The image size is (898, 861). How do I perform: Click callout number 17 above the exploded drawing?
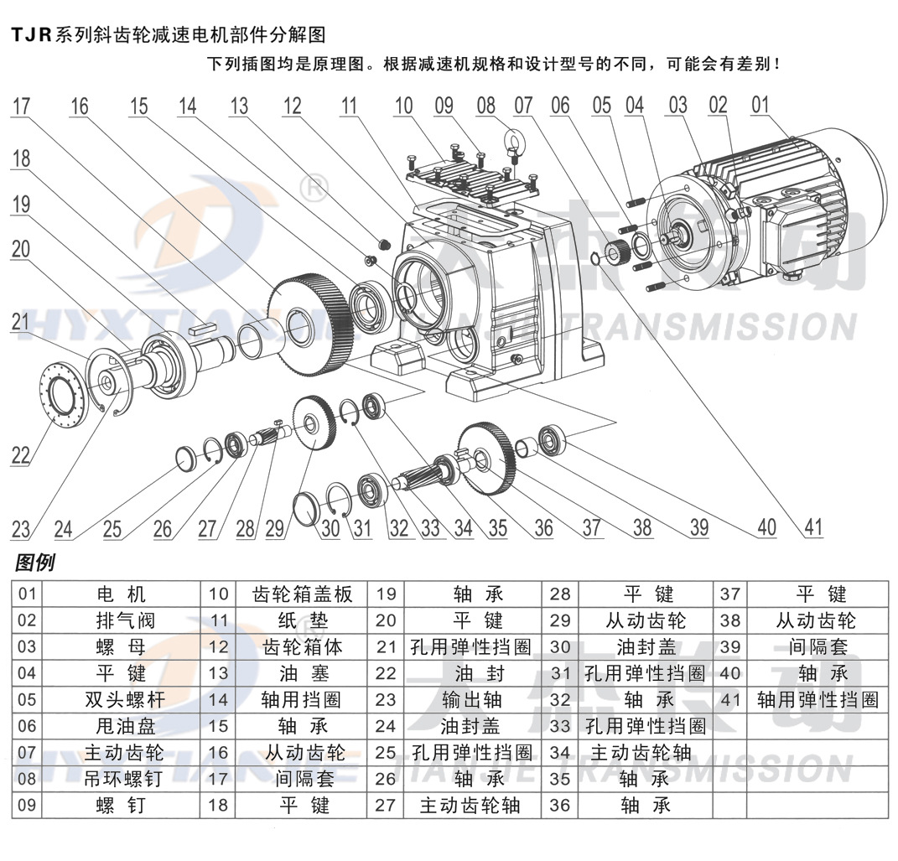tap(22, 106)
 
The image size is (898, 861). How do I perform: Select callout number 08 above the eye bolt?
tap(486, 106)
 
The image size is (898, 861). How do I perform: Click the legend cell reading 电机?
tap(121, 594)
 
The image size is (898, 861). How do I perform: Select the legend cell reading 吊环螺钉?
tap(121, 779)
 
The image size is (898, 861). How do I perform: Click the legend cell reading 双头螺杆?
tap(121, 700)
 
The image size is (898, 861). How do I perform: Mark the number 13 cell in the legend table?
tap(219, 673)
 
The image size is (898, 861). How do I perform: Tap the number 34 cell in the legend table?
tap(559, 753)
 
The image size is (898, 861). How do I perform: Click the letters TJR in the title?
tap(31, 35)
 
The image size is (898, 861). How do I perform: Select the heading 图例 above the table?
tap(34, 563)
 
